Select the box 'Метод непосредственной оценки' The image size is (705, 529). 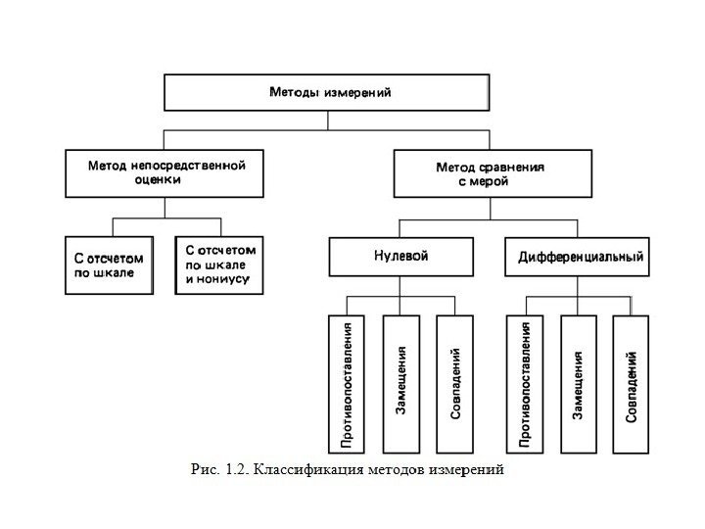tap(165, 173)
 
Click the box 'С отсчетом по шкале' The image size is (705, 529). tap(110, 264)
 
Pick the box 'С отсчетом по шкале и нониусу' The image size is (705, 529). tap(218, 264)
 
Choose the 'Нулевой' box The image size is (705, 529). tap(401, 257)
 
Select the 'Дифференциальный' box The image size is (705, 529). tap(580, 258)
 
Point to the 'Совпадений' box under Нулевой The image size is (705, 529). tap(455, 383)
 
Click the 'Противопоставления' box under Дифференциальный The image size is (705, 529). tap(525, 383)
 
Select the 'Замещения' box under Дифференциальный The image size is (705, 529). tap(579, 383)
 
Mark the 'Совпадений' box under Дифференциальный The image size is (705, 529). tap(632, 383)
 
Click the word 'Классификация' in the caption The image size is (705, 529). tap(310, 469)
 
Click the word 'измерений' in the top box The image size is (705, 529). tap(356, 93)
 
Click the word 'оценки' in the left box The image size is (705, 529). tap(165, 181)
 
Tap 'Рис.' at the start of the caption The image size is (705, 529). tap(206, 469)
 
